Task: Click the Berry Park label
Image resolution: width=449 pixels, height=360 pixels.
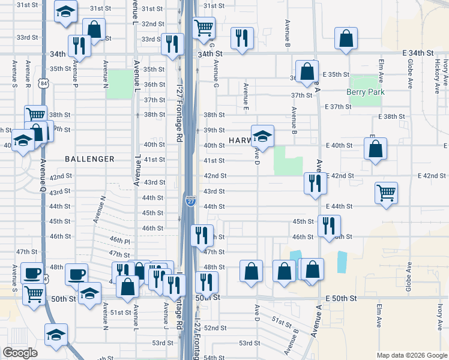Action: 366,92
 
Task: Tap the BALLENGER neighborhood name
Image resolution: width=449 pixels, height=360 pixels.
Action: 90,159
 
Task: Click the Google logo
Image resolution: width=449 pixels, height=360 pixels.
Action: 20,352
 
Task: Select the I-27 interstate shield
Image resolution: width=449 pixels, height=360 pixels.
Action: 190,202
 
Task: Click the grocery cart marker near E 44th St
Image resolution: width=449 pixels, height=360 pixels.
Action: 386,194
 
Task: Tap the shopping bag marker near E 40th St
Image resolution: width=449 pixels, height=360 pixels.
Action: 375,149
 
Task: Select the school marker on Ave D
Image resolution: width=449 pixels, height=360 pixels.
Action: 262,136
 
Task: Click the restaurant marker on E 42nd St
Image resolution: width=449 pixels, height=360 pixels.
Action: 314,184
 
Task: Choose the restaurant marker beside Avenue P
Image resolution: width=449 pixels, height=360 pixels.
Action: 79,46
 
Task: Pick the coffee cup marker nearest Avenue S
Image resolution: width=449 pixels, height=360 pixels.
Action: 32,274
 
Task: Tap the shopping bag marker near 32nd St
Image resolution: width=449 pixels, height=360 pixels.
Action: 94,29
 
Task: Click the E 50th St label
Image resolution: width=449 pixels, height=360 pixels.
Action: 341,298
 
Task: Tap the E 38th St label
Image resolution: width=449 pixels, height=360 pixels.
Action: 393,116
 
